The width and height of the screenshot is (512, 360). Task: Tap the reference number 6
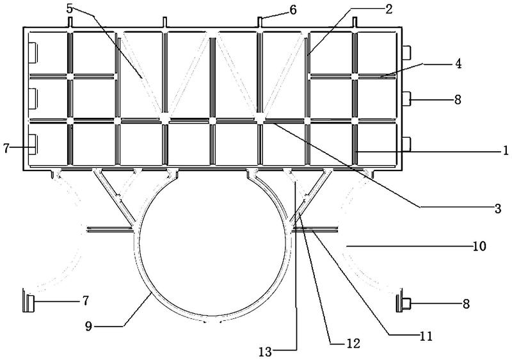coord(294,9)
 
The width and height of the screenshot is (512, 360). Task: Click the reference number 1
coord(505,151)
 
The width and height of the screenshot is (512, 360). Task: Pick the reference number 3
coord(497,208)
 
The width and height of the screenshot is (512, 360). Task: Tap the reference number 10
coord(479,245)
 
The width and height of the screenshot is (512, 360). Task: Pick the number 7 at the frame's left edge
coord(8,149)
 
